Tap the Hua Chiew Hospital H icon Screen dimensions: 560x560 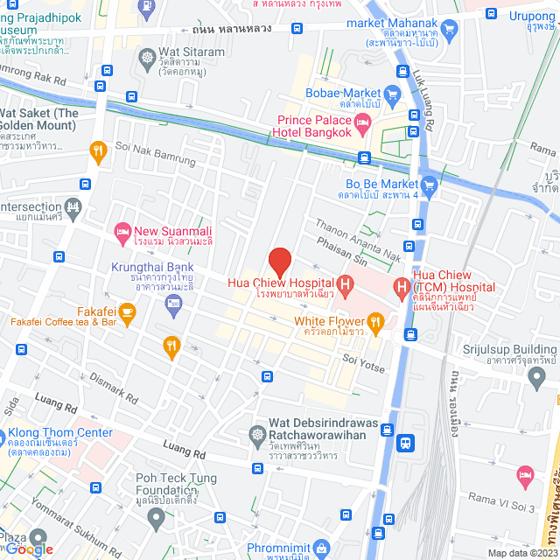[x=345, y=283]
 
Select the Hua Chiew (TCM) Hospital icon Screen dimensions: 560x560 [x=402, y=285]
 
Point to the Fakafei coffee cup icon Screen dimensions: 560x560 [x=128, y=311]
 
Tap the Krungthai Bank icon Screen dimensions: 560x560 [x=172, y=303]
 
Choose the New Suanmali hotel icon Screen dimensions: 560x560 [x=122, y=234]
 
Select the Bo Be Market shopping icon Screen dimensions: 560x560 [x=429, y=185]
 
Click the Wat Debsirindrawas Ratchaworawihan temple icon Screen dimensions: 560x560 [x=257, y=433]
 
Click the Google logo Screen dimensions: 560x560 [x=30, y=549]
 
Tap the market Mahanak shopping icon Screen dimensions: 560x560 [x=451, y=29]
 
